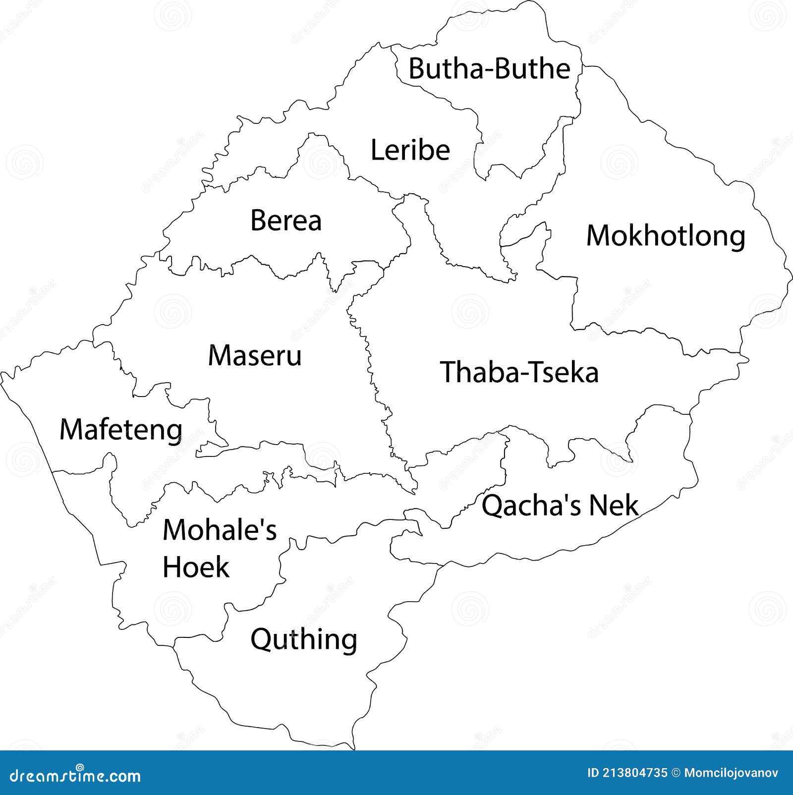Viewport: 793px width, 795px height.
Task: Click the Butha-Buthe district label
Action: click(489, 68)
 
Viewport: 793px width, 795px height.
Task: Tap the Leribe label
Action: click(410, 150)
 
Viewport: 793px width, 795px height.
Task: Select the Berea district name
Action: click(286, 220)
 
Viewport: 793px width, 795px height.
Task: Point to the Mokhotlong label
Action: click(666, 236)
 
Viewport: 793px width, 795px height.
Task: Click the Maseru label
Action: click(255, 355)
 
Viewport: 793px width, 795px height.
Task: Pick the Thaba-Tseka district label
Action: click(519, 372)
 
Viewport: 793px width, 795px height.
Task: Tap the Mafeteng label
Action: click(121, 430)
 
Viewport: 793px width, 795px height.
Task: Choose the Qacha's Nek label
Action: click(560, 506)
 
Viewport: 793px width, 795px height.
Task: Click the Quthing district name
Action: click(304, 640)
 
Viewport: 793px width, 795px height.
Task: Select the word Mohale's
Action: click(220, 530)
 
